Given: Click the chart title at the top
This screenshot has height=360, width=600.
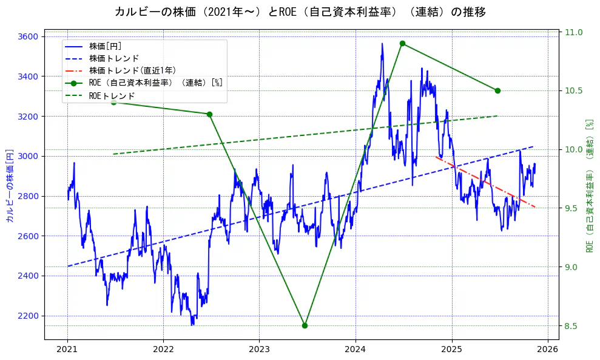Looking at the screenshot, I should (x=300, y=12).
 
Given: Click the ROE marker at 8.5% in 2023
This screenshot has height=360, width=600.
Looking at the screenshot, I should (x=305, y=325).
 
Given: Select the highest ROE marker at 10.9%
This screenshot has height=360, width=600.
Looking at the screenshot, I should (x=402, y=43).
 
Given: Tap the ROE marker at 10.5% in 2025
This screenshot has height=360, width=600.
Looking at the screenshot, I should (x=497, y=90).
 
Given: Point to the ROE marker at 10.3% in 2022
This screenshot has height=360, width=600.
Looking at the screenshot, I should (x=209, y=114).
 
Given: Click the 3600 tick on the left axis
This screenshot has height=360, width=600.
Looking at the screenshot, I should (x=28, y=37).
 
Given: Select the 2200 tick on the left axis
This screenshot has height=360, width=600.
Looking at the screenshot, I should (x=28, y=316).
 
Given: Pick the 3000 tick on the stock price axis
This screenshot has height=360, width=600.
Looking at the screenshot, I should (x=28, y=156).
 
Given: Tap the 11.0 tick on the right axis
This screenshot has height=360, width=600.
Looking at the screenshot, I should (x=574, y=32).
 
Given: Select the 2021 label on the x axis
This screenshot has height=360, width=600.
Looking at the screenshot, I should (x=67, y=349).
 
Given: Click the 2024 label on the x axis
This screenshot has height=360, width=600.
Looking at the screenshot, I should (x=356, y=349).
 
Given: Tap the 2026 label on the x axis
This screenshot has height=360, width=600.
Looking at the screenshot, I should (x=548, y=349).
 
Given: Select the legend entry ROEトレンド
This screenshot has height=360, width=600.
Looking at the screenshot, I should (x=112, y=95).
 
